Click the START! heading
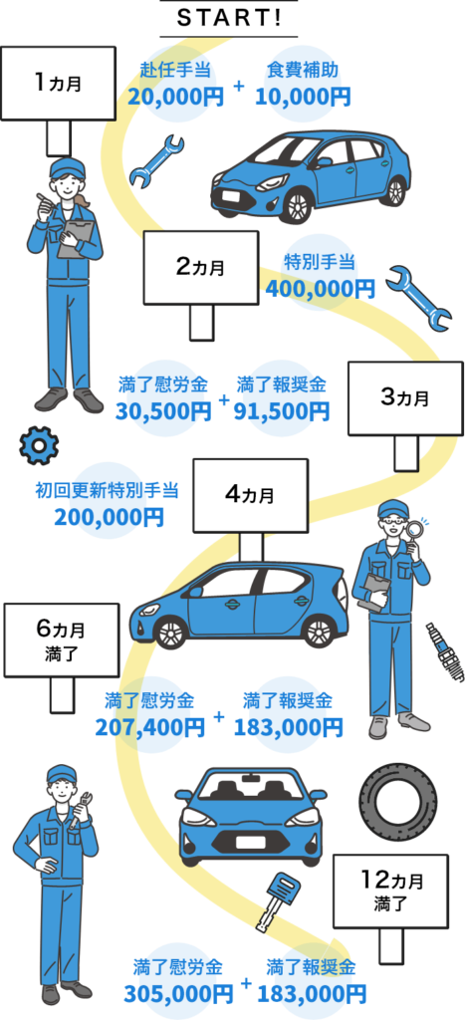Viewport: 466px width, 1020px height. point(229,19)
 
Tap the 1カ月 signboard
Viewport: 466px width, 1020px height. point(59,84)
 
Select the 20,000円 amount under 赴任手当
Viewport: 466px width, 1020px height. point(175,97)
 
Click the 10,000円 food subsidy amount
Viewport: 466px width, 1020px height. point(303,97)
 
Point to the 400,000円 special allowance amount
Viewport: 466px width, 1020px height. point(321,288)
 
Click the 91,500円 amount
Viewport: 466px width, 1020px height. point(283,410)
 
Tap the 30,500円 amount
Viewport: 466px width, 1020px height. point(163,410)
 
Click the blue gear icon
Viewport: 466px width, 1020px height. point(39,445)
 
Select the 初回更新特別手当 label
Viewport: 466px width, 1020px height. point(107,490)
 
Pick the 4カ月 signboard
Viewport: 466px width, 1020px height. point(250,496)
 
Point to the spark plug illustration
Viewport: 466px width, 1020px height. point(445,651)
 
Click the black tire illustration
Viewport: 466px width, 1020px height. point(393,800)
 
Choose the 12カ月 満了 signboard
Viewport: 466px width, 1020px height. point(390,892)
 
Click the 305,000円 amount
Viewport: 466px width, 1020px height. point(178,993)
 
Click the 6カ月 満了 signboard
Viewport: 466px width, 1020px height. point(62,640)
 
